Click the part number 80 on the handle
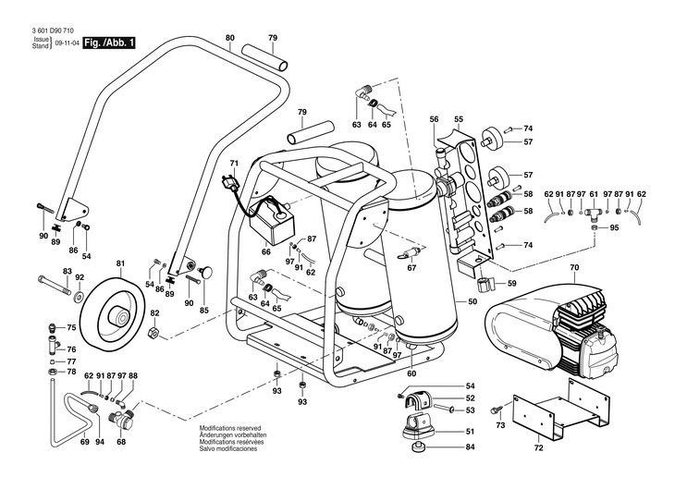point(229,38)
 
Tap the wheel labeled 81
point(113,312)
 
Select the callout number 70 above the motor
point(573,268)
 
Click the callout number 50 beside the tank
point(472,301)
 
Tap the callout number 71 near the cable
point(234,165)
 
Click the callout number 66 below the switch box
point(266,251)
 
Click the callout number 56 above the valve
point(434,119)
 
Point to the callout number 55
point(458,119)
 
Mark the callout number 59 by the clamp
point(511,283)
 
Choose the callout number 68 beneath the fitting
point(120,443)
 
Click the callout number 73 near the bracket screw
point(500,427)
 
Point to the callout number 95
point(614,227)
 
